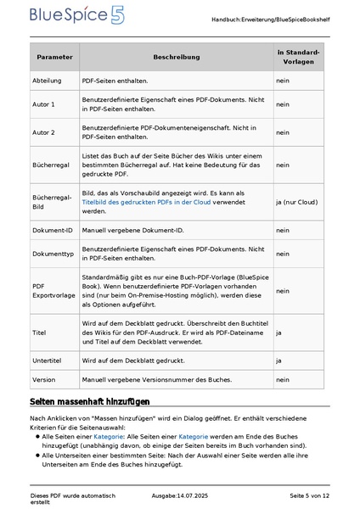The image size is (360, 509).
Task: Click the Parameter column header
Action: point(53,57)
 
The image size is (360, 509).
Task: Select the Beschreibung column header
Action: point(176,57)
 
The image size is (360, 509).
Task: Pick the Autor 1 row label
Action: point(44,104)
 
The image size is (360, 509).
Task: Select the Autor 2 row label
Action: point(44,132)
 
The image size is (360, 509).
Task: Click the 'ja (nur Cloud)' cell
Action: point(296,202)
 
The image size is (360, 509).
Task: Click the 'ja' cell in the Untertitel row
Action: point(279,361)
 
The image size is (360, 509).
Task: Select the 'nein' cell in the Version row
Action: point(283,379)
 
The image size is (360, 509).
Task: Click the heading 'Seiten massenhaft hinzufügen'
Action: point(90,400)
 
